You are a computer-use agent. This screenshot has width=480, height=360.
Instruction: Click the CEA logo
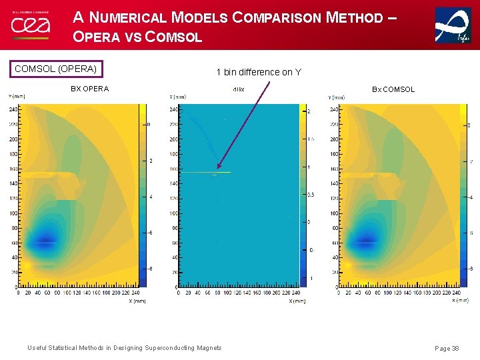click(30, 25)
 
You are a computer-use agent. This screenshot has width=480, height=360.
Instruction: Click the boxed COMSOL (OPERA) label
click(55, 69)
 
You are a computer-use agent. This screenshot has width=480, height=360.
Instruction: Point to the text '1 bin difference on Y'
click(258, 72)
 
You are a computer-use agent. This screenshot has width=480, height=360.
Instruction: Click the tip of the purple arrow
click(217, 169)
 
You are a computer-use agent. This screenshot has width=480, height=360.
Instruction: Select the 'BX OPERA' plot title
click(89, 89)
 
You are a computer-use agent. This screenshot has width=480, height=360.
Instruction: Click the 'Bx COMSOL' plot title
click(393, 89)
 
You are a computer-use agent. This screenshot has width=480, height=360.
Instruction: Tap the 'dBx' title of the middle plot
click(238, 89)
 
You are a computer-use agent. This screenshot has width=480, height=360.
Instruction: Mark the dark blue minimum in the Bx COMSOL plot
click(365, 241)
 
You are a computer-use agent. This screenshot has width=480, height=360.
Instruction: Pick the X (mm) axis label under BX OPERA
click(137, 301)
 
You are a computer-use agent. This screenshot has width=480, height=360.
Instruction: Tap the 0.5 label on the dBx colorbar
click(310, 195)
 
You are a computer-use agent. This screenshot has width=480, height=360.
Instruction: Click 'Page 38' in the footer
click(446, 348)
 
